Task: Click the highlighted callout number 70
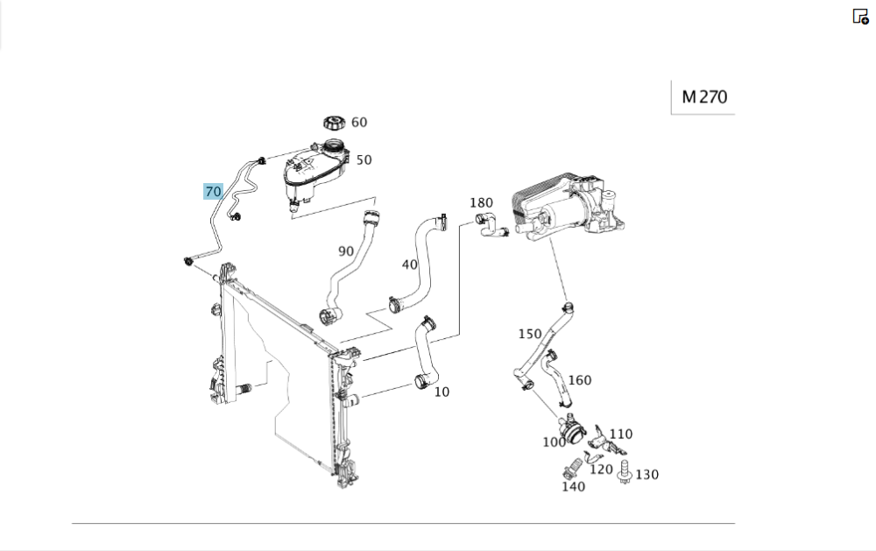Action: coord(213,191)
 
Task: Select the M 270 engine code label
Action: coord(703,97)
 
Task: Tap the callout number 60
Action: coord(359,123)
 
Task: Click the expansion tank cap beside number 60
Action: coord(335,122)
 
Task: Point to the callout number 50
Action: coord(364,159)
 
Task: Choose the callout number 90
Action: coord(346,251)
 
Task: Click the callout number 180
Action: coord(482,203)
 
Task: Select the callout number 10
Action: coord(442,392)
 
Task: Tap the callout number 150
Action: coord(530,334)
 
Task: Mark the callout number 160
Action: coord(580,380)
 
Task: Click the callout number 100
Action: coord(554,442)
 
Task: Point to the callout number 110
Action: coord(620,434)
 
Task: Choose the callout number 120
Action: coord(601,469)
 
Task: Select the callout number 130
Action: coord(647,474)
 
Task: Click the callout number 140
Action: coord(573,486)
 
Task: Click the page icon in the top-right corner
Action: coord(860,17)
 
